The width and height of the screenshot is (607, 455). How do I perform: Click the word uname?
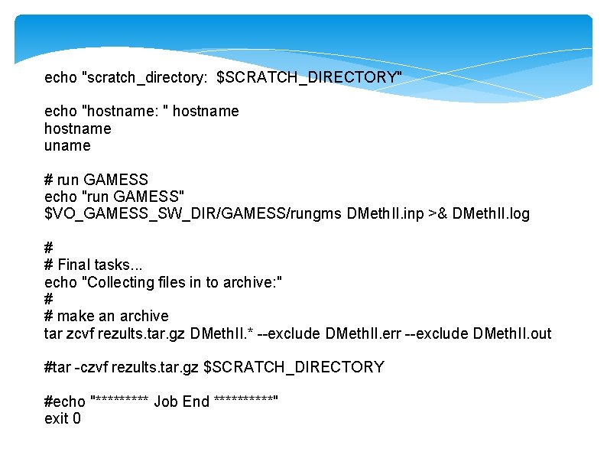pos(67,145)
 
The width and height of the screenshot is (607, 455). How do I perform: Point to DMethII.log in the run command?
pos(491,213)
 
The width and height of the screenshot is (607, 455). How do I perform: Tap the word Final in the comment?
pos(73,265)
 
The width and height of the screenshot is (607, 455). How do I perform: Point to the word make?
pos(75,316)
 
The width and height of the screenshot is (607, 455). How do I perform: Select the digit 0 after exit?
pos(76,418)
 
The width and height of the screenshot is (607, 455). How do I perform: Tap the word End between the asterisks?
pos(196,402)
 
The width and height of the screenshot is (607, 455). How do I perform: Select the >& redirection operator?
pos(440,213)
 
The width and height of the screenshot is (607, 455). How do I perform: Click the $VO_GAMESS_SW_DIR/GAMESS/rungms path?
pos(193,213)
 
